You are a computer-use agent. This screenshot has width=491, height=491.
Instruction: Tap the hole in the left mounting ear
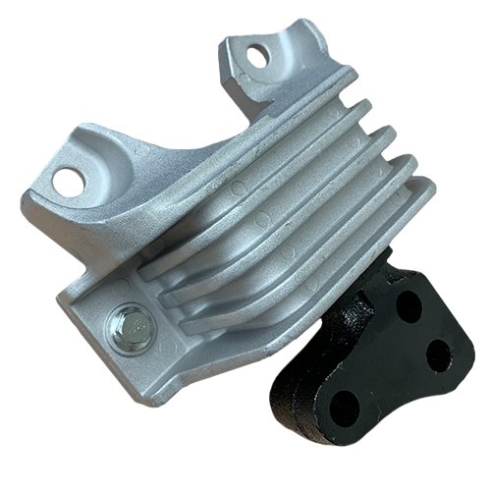70,180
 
